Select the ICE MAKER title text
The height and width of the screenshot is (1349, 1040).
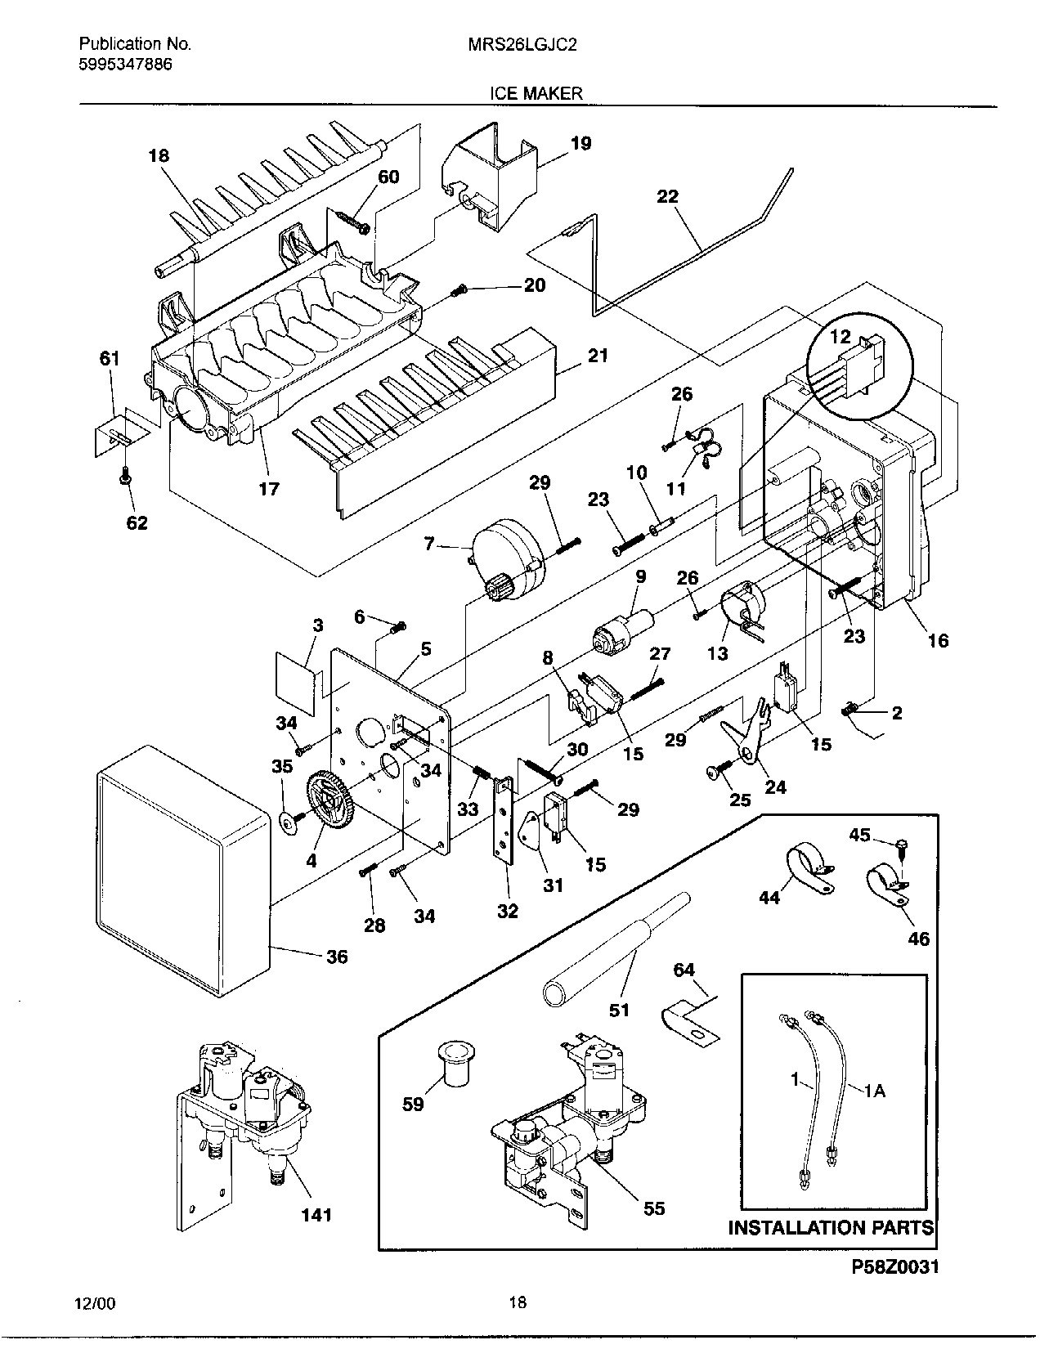(536, 93)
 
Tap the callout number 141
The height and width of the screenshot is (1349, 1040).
(316, 1214)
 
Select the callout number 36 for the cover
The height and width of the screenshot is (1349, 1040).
(337, 956)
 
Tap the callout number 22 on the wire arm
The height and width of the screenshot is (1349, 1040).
(667, 197)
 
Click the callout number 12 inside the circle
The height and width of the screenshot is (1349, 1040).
(840, 336)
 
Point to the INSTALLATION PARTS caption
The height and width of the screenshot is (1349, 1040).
(831, 1227)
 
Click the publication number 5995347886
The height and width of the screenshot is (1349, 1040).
(125, 64)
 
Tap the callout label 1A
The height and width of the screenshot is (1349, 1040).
(874, 1091)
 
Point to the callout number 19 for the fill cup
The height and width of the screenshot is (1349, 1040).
(581, 144)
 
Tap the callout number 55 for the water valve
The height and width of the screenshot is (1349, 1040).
(654, 1208)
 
